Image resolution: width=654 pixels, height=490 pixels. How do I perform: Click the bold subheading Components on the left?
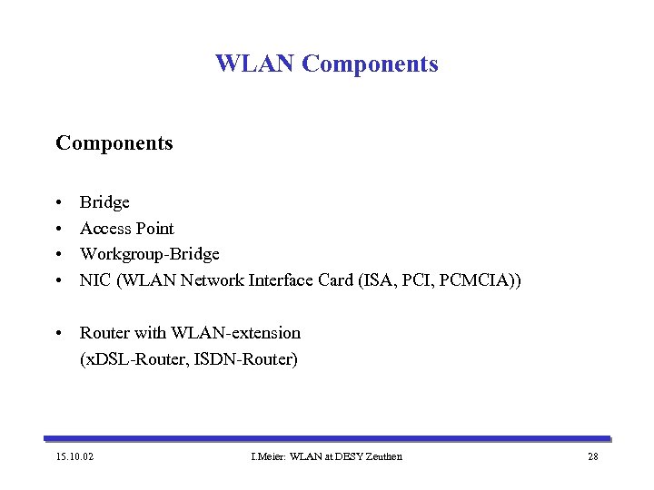(x=114, y=143)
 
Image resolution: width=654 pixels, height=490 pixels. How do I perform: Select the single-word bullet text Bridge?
(x=104, y=202)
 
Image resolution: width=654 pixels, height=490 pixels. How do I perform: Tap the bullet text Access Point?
(x=126, y=229)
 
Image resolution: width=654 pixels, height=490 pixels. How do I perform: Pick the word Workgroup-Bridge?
(x=149, y=255)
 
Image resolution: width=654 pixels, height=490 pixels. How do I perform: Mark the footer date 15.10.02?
(x=75, y=456)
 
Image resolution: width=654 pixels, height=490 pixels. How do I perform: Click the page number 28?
(x=592, y=456)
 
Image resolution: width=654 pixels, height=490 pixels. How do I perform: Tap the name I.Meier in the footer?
(x=265, y=456)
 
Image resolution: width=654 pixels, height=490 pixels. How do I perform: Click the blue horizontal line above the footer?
(x=327, y=438)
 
